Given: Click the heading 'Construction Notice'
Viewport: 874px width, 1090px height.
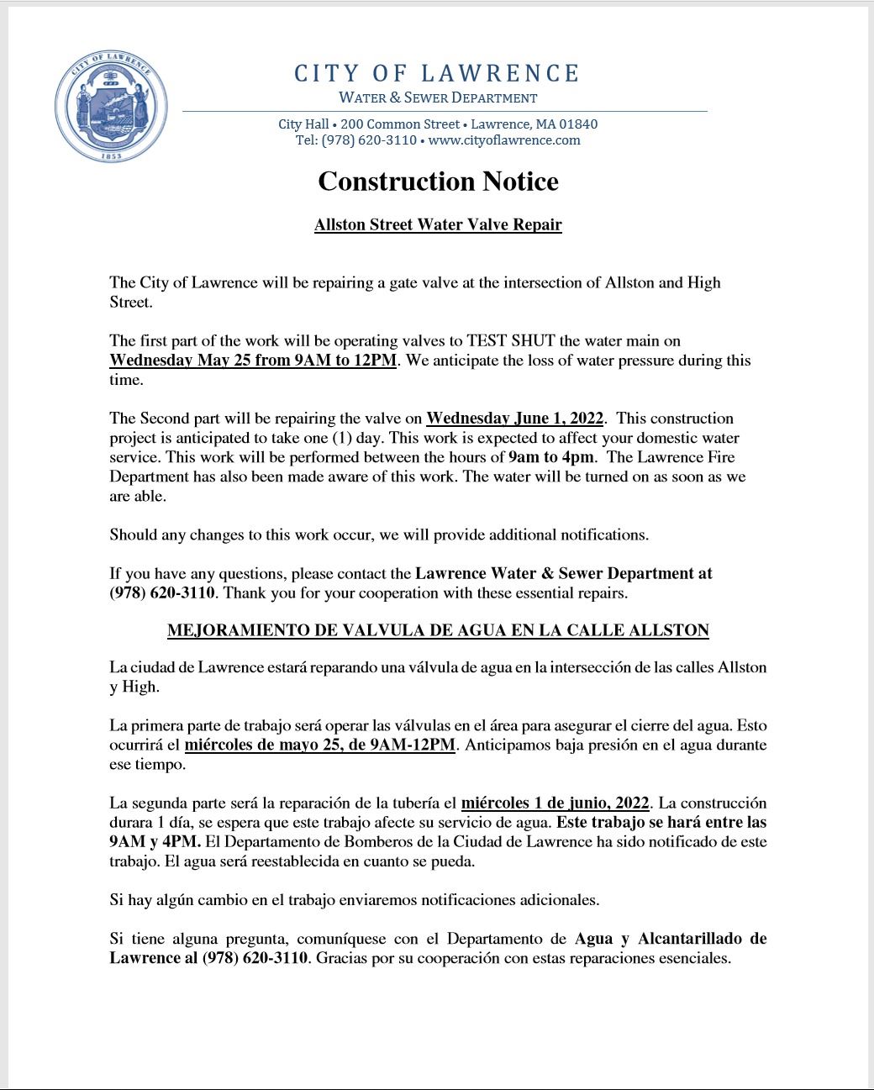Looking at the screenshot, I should point(438,182).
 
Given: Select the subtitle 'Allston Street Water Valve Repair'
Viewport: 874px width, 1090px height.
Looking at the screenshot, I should point(438,225).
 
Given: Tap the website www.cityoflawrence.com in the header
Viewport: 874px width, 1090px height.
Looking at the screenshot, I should point(504,140).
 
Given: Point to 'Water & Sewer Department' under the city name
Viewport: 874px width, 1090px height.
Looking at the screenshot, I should point(438,97).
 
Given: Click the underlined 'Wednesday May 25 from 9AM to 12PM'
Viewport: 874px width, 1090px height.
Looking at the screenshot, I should point(252,361).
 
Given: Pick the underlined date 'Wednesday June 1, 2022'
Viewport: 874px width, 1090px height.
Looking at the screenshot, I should point(515,419).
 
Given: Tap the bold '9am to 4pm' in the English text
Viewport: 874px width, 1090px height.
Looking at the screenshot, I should point(552,457).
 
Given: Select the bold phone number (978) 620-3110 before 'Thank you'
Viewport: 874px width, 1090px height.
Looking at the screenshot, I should point(163,593).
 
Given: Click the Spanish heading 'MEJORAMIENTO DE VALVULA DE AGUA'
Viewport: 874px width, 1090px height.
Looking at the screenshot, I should point(438,630).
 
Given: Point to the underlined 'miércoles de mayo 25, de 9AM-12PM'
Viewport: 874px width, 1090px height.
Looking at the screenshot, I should point(320,745).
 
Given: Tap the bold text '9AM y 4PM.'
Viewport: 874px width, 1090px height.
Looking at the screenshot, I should point(155,842).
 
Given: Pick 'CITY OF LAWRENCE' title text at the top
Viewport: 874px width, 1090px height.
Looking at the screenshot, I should point(437,74).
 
